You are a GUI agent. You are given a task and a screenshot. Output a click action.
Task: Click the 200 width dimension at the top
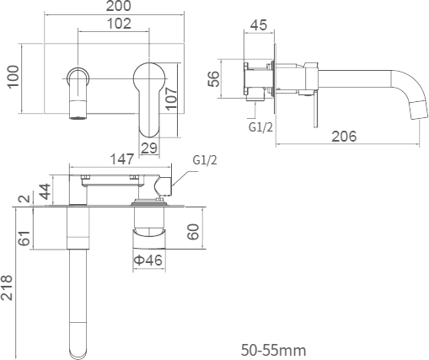pyautogui.click(x=118, y=6)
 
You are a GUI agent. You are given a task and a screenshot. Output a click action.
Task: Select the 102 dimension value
pyautogui.click(x=119, y=24)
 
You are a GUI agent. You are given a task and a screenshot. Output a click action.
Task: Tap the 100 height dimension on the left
pyautogui.click(x=13, y=77)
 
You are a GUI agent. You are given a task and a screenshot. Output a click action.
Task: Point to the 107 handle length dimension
pyautogui.click(x=171, y=99)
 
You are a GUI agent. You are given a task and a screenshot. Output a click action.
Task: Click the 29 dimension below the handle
pyautogui.click(x=149, y=148)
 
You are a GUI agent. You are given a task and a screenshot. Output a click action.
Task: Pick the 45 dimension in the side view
pyautogui.click(x=259, y=25)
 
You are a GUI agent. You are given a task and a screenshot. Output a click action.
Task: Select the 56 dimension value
pyautogui.click(x=213, y=79)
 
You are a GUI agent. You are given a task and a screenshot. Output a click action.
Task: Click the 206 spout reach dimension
pyautogui.click(x=344, y=137)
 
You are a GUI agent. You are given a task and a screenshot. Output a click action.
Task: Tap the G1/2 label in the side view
pyautogui.click(x=260, y=127)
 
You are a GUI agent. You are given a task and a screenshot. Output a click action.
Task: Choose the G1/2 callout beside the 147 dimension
pyautogui.click(x=205, y=160)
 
